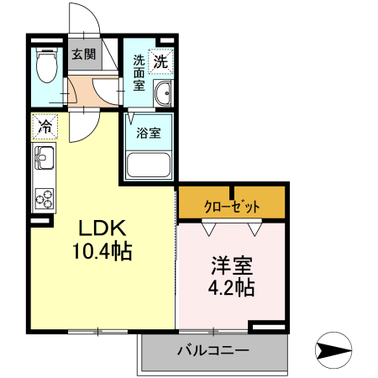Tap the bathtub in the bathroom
[150, 165]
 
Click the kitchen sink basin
[44, 157]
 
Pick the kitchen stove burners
[44, 198]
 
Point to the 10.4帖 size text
[102, 251]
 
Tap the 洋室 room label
[231, 266]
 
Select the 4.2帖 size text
[232, 288]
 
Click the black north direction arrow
[334, 350]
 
